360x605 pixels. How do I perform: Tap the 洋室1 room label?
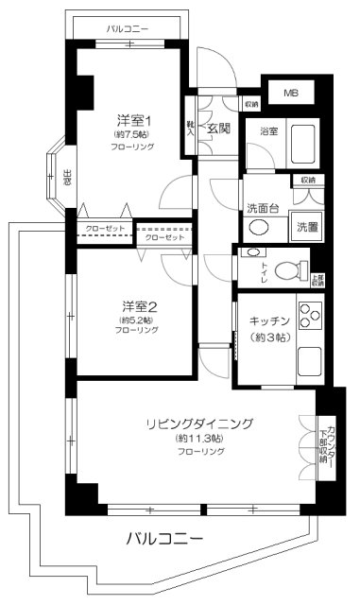click(x=134, y=120)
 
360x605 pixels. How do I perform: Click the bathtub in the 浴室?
click(x=304, y=145)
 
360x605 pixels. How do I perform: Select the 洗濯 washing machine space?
click(x=308, y=226)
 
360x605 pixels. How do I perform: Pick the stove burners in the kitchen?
click(x=309, y=313)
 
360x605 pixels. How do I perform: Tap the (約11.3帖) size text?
click(x=198, y=440)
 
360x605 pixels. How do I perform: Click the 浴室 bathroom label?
click(x=268, y=131)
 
